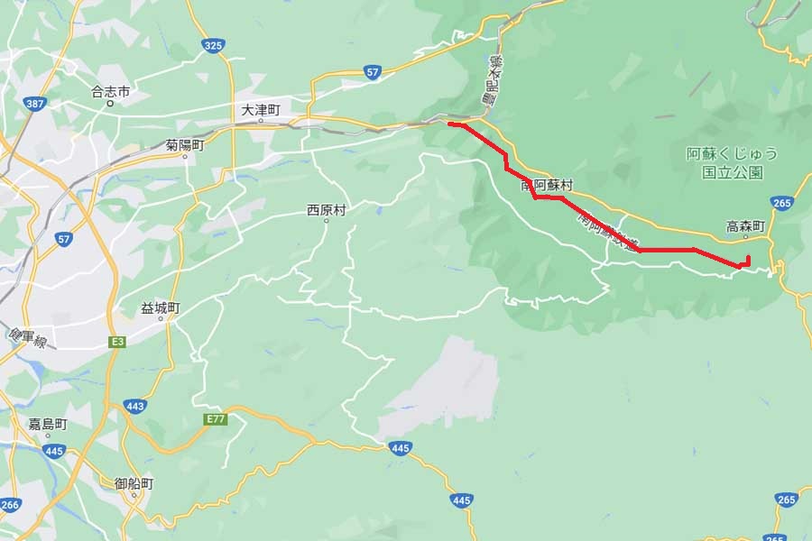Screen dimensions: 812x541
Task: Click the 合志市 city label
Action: (111, 91)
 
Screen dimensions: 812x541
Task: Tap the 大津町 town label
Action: (261, 108)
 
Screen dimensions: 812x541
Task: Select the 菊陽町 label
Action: (184, 144)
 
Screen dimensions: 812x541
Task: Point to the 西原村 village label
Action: (326, 211)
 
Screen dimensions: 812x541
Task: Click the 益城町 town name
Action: (161, 307)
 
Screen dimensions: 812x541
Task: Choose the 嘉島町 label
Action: (47, 423)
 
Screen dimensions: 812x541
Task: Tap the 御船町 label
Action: (134, 484)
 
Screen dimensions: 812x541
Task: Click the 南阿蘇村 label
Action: (547, 185)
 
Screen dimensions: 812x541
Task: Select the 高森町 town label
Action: (745, 227)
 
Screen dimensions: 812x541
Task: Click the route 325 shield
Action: (213, 44)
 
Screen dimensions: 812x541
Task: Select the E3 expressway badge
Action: (116, 342)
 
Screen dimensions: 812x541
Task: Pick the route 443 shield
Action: (136, 406)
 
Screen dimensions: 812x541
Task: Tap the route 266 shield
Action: (10, 505)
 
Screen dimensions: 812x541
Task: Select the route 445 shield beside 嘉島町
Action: (53, 450)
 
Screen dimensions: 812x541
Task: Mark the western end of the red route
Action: (449, 124)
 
